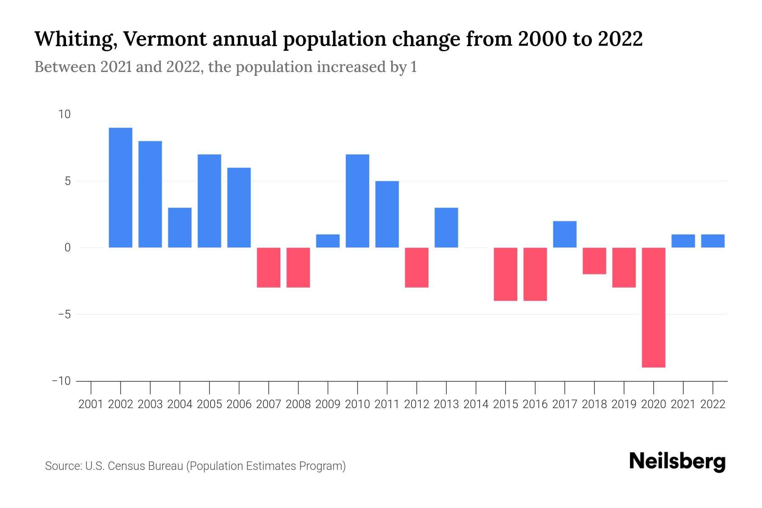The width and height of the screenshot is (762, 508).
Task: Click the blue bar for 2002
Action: pos(121,188)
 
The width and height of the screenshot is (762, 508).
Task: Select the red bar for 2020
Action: pos(654,307)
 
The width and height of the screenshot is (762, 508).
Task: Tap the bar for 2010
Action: pos(357,201)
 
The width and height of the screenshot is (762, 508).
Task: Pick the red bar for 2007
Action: pos(269,268)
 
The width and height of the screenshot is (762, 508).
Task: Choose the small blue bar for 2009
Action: pos(328,241)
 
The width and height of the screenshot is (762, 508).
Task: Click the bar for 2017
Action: pos(565,234)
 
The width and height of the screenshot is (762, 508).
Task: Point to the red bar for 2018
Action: pos(594,261)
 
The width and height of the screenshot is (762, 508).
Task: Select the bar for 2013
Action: pos(446,228)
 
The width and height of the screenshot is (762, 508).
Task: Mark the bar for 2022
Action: pos(713,241)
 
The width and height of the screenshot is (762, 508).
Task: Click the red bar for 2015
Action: pos(505,274)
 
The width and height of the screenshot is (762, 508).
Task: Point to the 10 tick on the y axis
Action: pos(65,114)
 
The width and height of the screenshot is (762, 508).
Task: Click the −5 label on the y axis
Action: pos(61,315)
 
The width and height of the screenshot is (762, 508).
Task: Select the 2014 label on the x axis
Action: pos(476,404)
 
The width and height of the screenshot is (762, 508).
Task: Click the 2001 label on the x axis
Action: pos(91,404)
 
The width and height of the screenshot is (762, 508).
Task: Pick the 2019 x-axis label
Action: pos(624,404)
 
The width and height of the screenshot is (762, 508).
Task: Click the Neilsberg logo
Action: pos(677,461)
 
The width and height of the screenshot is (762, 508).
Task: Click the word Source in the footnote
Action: pos(63,466)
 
